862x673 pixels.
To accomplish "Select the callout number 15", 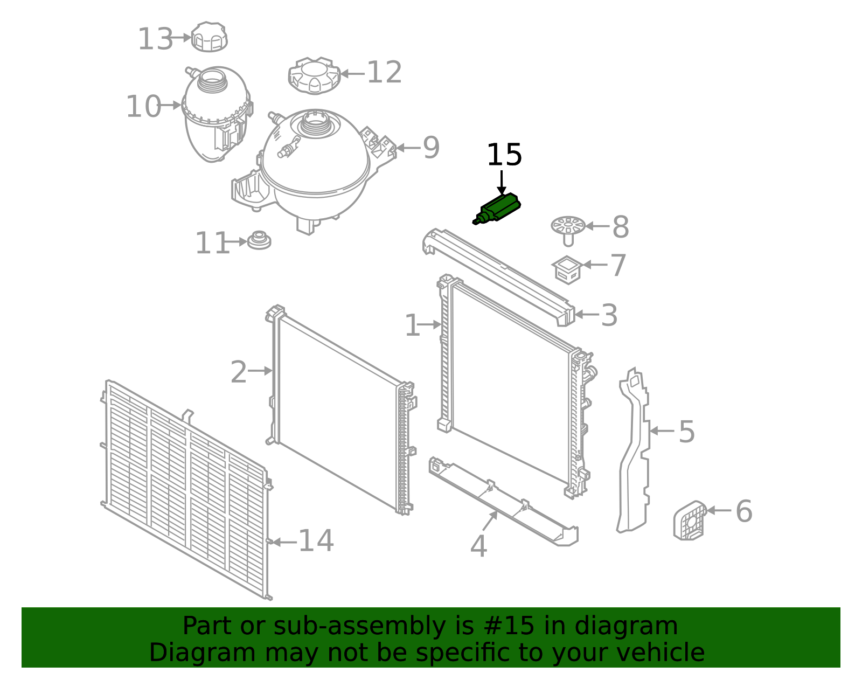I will coord(504,156).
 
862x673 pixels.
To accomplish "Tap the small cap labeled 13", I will coord(210,37).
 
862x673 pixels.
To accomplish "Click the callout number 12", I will coord(384,73).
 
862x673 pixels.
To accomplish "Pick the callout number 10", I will coord(143,107).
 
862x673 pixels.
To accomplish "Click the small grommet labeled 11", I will coord(259,240).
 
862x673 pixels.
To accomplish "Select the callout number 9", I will coord(431,148).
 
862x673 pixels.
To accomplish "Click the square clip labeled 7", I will coord(567,269).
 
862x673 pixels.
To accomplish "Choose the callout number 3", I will coord(609,315).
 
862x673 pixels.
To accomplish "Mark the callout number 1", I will coord(412,326).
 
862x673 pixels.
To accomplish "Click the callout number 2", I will coord(239,372).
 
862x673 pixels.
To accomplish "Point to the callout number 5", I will coord(686,432).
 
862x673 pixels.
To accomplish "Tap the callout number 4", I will coord(478,547).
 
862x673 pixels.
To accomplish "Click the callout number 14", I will coord(316,541).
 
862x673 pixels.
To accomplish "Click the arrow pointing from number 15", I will coord(502,183).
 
